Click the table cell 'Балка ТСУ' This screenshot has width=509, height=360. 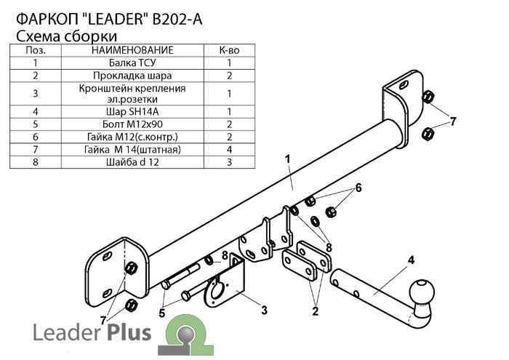[x=132, y=63]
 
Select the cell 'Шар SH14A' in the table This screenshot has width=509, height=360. [x=132, y=111]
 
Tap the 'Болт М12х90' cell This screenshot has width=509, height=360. [x=132, y=124]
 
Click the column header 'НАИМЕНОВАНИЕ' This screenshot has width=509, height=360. [x=132, y=50]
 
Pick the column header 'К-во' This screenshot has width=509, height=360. [x=228, y=50]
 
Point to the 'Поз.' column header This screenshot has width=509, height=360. [x=36, y=50]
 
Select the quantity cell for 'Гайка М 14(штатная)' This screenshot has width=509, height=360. [x=228, y=149]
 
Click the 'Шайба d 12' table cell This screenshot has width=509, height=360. [x=132, y=161]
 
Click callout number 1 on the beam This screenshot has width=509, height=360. [x=288, y=159]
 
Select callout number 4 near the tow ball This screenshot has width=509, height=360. [x=411, y=260]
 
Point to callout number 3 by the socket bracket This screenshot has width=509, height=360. [x=264, y=311]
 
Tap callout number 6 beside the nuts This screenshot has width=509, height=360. [x=358, y=188]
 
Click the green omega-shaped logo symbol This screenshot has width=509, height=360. [x=180, y=335]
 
